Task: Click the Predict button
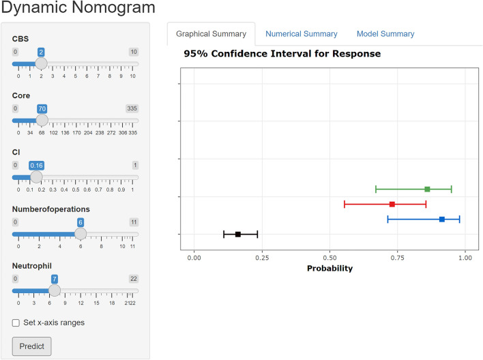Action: click(31, 346)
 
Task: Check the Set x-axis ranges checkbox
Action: click(16, 322)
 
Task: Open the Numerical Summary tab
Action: click(301, 33)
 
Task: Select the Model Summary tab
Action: click(385, 33)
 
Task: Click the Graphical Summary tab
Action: click(211, 33)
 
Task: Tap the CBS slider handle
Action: click(41, 63)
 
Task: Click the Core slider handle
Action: click(42, 120)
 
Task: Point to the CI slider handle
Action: click(36, 177)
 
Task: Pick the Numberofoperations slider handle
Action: click(80, 234)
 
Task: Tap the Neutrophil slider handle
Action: click(54, 290)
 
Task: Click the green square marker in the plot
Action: click(427, 189)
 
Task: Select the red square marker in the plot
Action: click(392, 204)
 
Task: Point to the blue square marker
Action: click(442, 219)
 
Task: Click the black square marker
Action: click(238, 234)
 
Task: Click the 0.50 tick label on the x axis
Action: click(330, 258)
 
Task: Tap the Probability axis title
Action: click(330, 268)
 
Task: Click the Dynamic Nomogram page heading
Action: click(78, 9)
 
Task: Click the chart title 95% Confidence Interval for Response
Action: click(282, 53)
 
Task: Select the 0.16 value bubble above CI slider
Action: click(36, 165)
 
